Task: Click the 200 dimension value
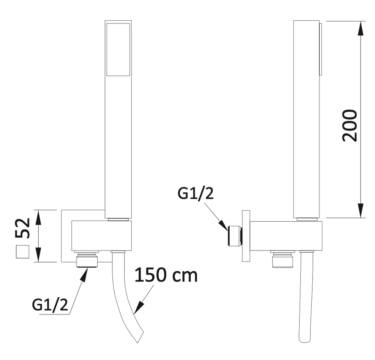tap(350, 125)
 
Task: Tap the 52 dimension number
tap(23, 228)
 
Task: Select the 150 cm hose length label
tap(166, 275)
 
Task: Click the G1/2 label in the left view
tap(50, 305)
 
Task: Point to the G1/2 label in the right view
tap(195, 193)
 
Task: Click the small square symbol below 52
tap(23, 252)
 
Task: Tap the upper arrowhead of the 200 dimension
tap(361, 28)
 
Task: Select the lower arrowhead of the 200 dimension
tap(361, 211)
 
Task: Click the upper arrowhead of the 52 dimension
tap(38, 217)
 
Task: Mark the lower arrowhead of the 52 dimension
tap(38, 255)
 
